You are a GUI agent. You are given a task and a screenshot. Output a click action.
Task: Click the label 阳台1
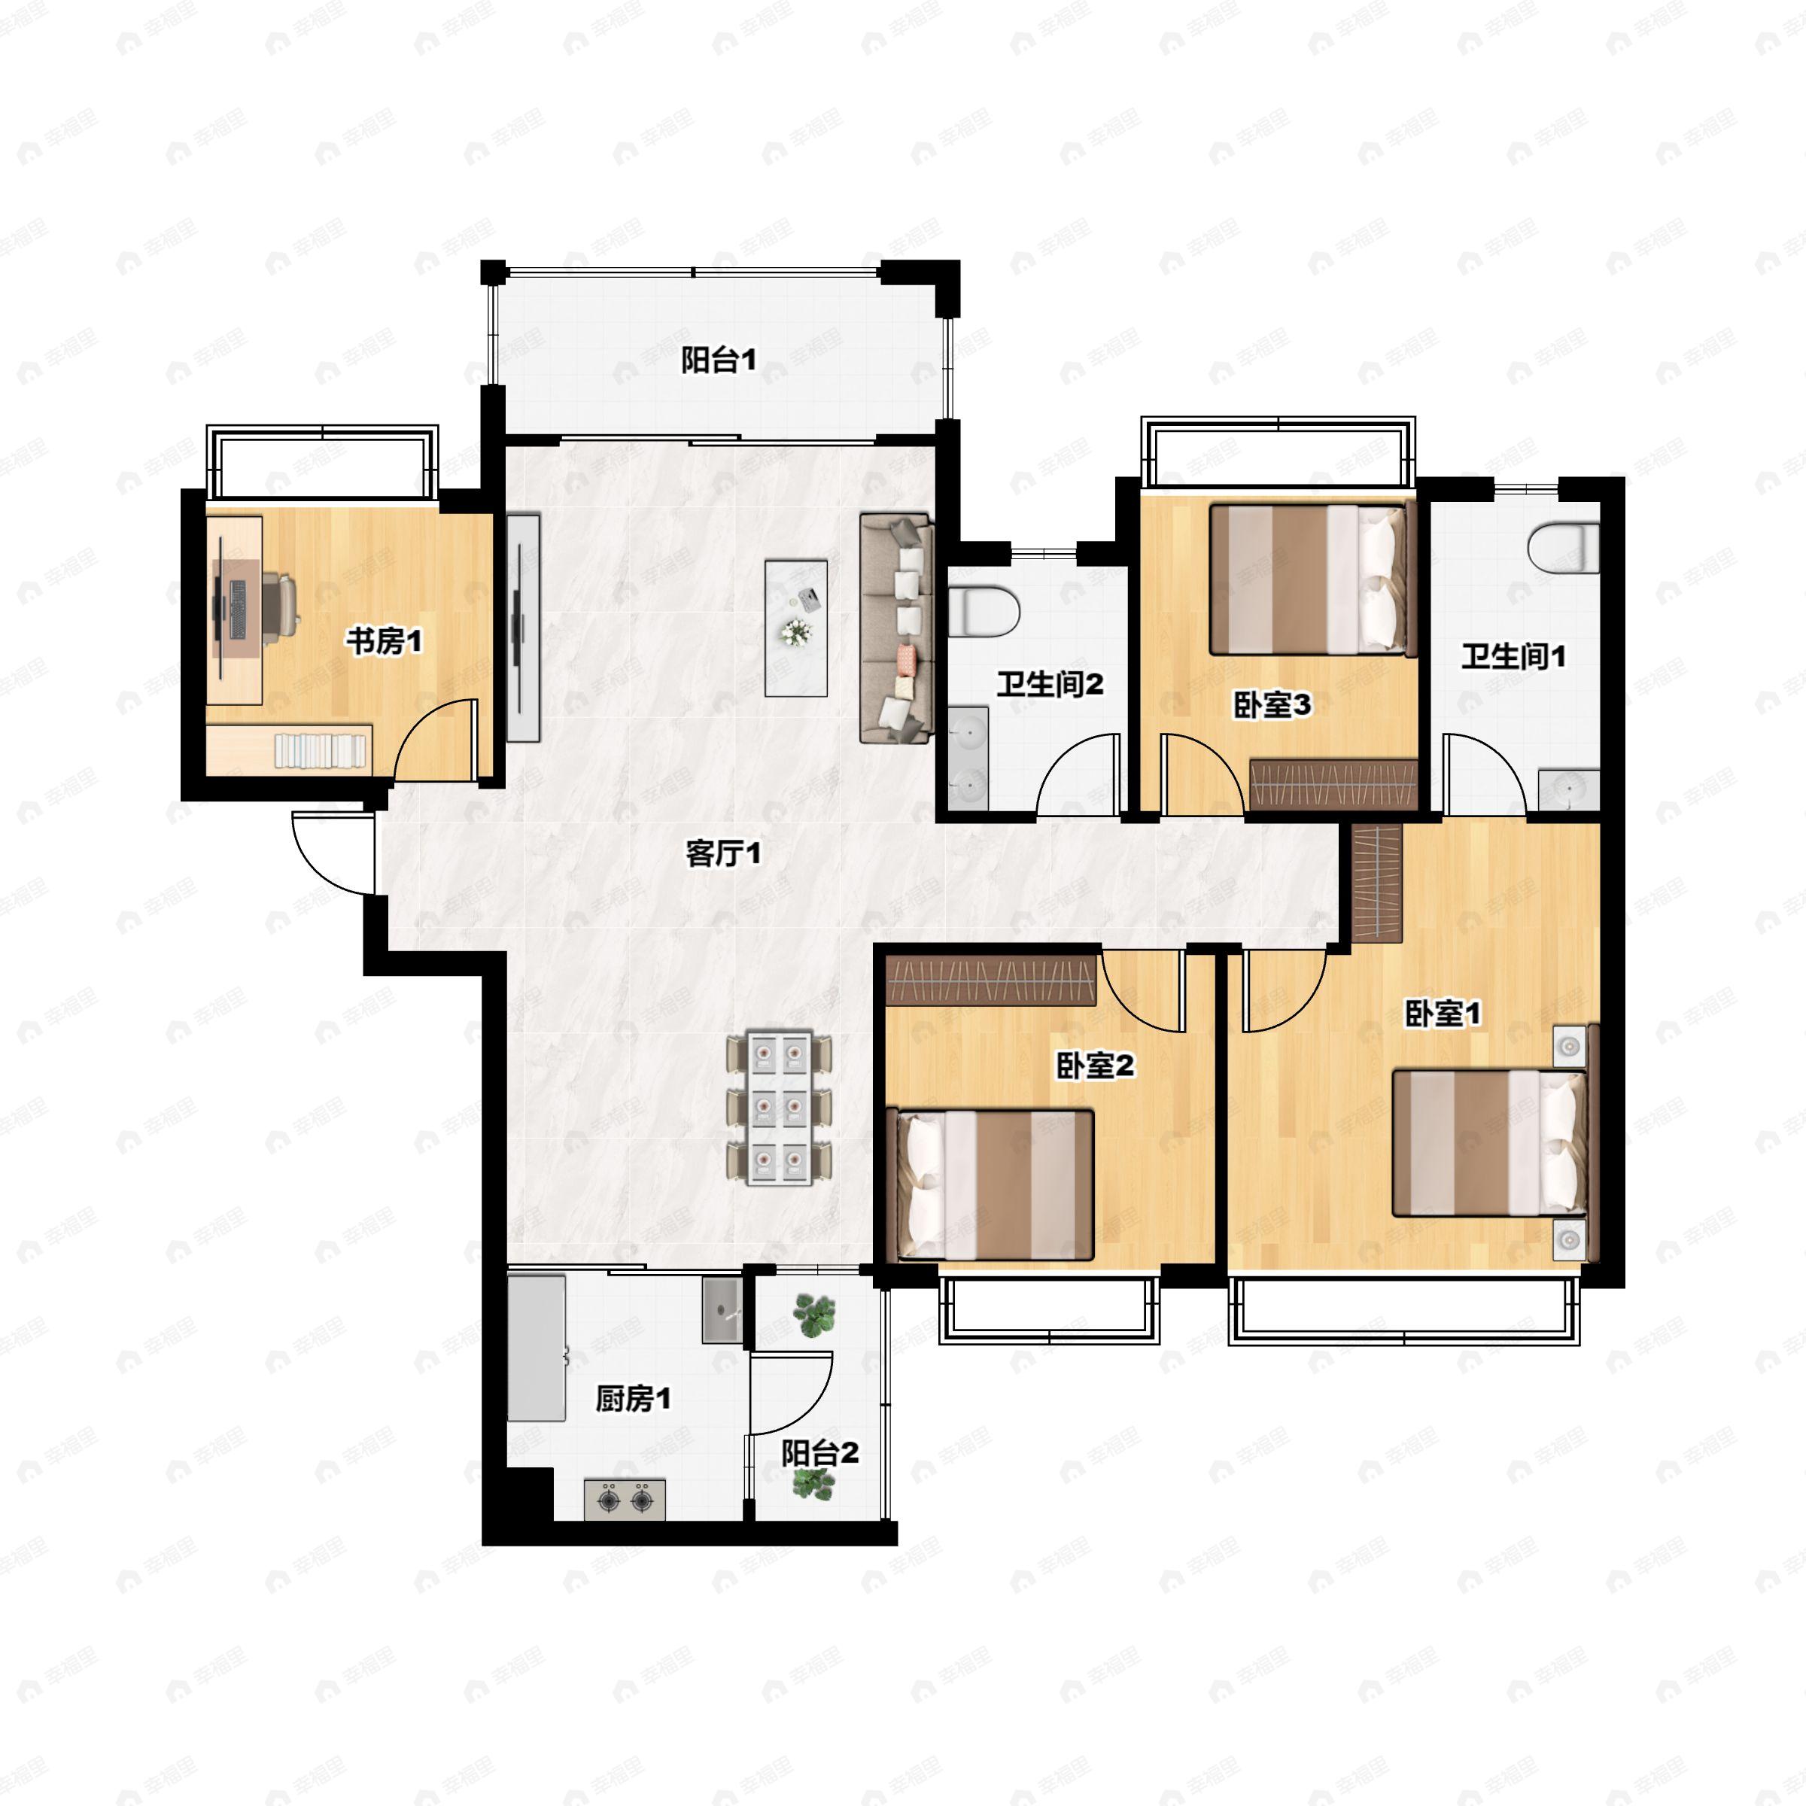pyautogui.click(x=718, y=360)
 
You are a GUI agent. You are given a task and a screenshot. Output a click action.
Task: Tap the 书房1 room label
pyautogui.click(x=385, y=641)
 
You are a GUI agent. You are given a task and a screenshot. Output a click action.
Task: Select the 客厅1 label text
pyautogui.click(x=723, y=853)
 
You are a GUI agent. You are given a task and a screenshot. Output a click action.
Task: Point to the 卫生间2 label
pyautogui.click(x=1050, y=684)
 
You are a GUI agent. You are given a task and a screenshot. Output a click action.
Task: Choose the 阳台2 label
pyautogui.click(x=819, y=1454)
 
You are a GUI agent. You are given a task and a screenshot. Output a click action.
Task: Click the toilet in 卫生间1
pyautogui.click(x=1563, y=549)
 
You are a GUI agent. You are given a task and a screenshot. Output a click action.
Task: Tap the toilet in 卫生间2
pyautogui.click(x=983, y=611)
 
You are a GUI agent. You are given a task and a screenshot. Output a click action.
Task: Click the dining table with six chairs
pyautogui.click(x=780, y=1108)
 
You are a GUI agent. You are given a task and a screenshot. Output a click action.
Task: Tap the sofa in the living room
pyautogui.click(x=896, y=628)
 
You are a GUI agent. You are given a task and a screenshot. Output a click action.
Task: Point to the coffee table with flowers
pyautogui.click(x=795, y=628)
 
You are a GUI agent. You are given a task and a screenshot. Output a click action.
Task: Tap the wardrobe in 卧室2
pyautogui.click(x=991, y=979)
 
